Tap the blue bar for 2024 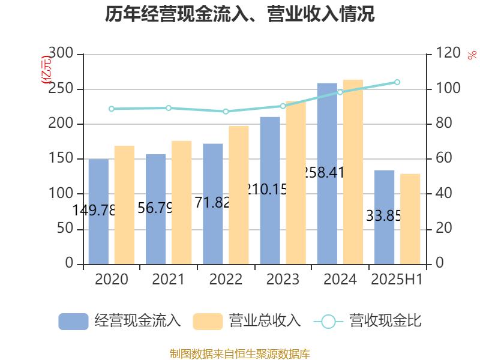(x=327, y=173)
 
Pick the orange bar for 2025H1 (x=410, y=218)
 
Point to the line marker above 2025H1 (x=397, y=82)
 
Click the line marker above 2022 (x=226, y=112)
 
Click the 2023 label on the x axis (x=283, y=279)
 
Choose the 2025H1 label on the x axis (x=397, y=279)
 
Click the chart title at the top (x=240, y=14)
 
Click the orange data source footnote (x=240, y=353)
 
